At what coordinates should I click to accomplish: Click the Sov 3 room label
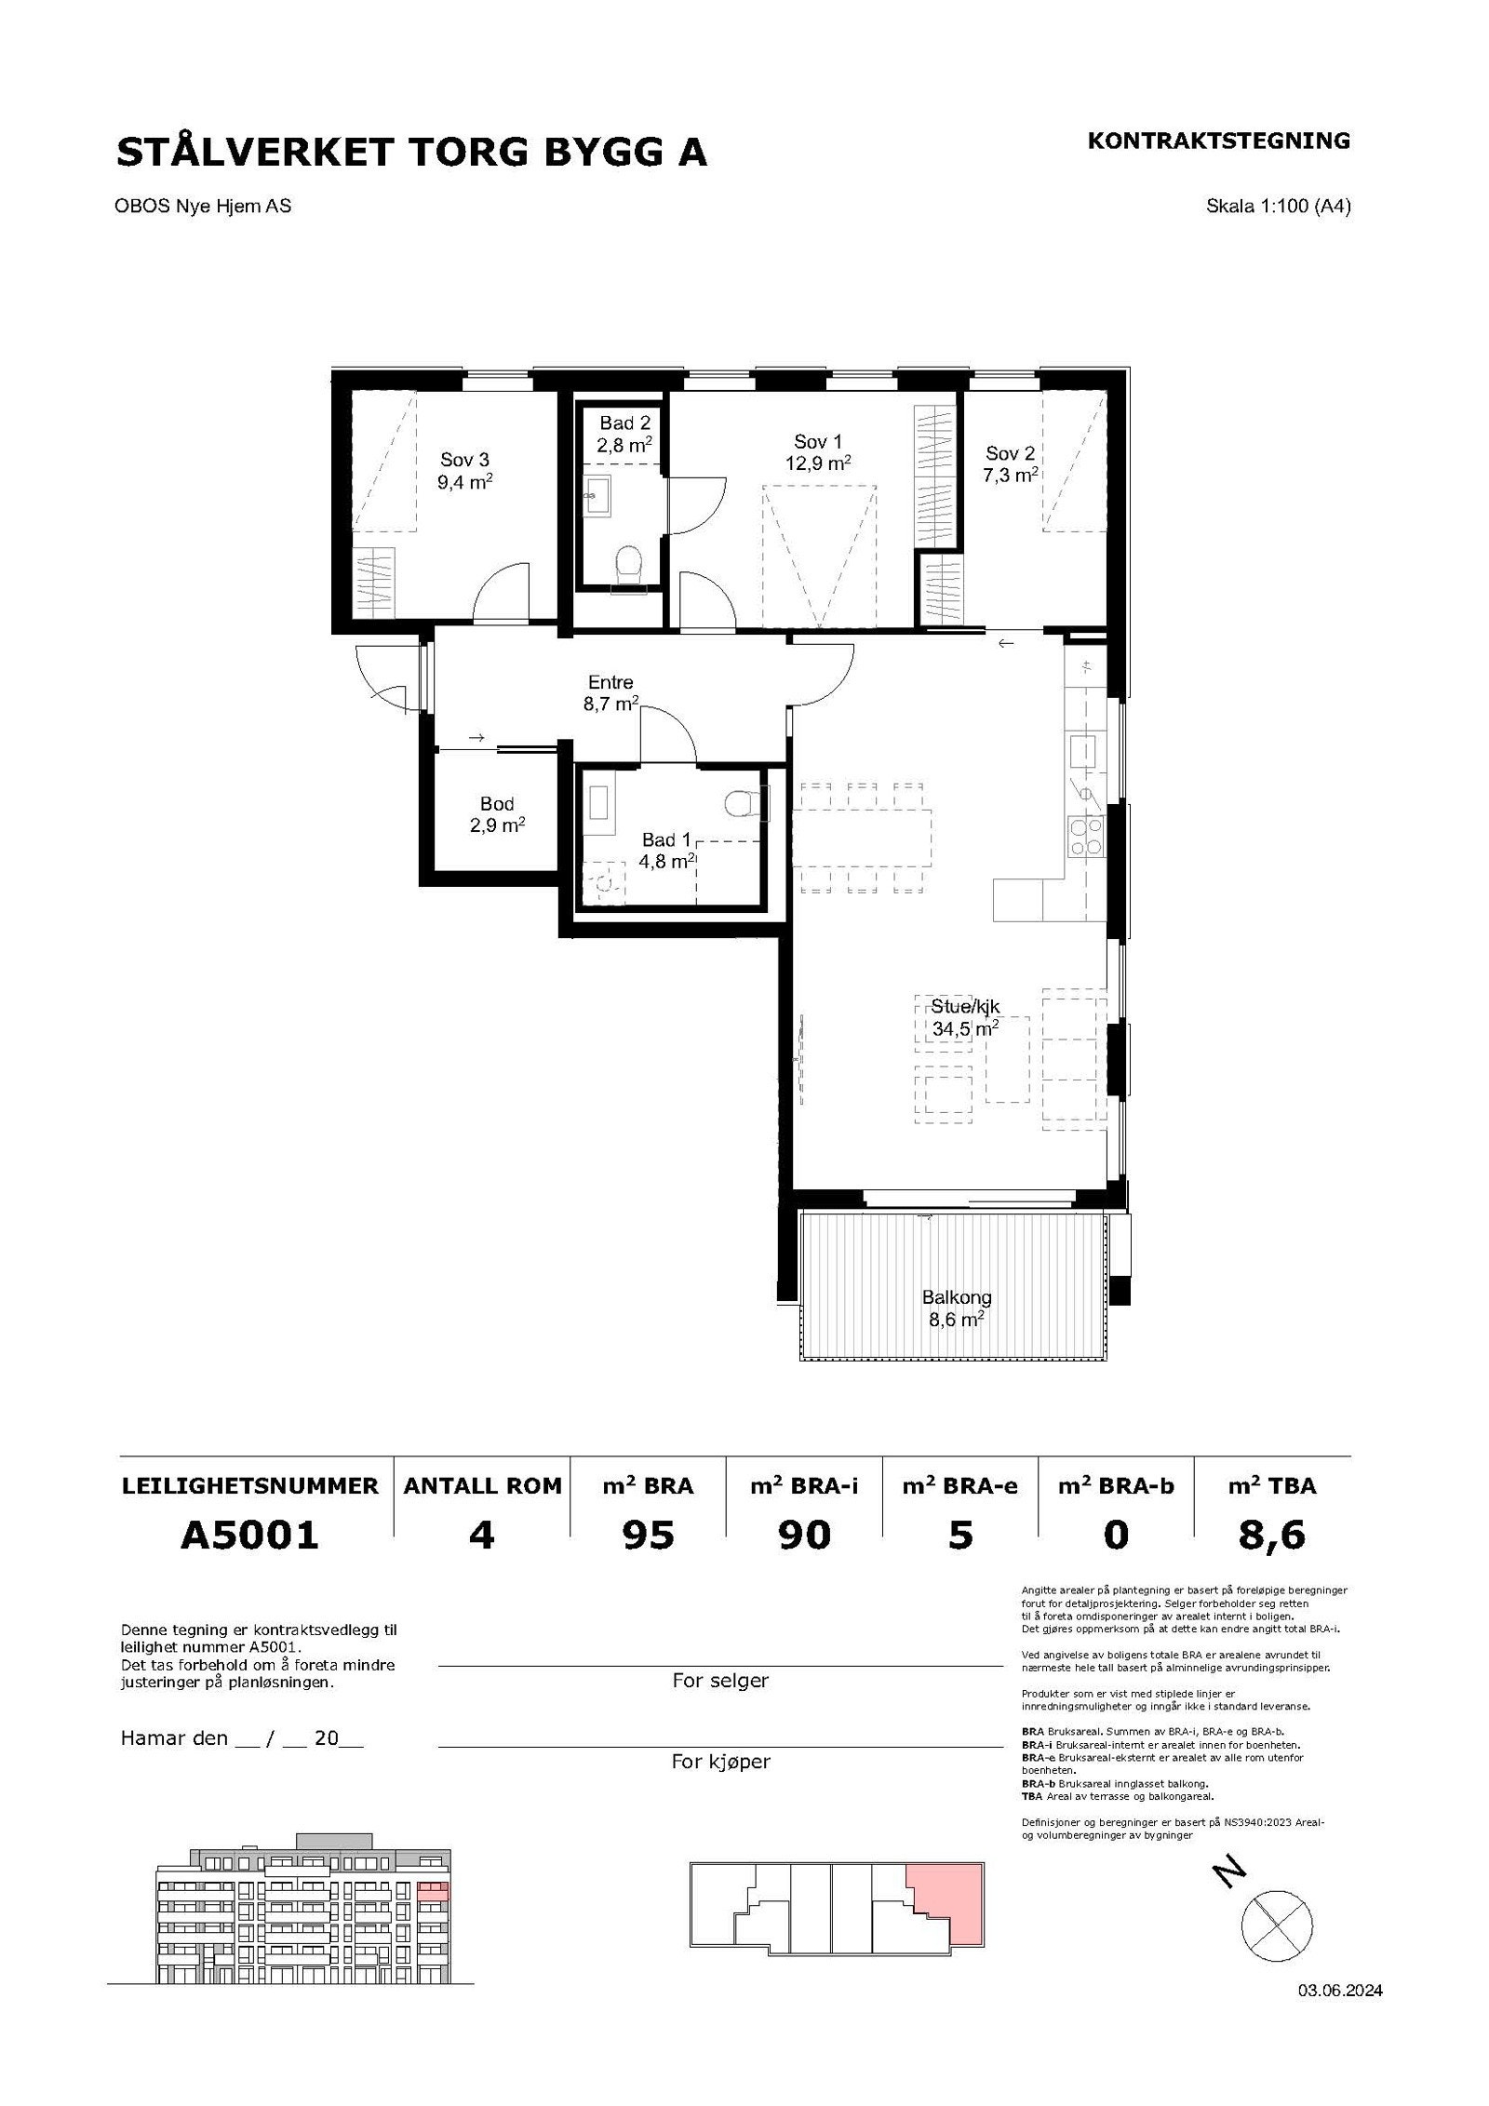[x=465, y=460]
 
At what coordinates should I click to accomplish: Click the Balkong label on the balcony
[x=957, y=1296]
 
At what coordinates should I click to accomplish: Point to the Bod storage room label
[x=497, y=804]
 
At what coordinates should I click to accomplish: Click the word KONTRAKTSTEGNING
[x=1218, y=141]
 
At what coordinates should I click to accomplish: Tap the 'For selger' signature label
[x=720, y=1680]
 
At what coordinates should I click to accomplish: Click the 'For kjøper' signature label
[x=721, y=1762]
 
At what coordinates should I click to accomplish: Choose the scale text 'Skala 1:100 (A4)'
[x=1278, y=206]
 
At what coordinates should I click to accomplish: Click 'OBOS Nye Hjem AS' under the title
[x=203, y=206]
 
